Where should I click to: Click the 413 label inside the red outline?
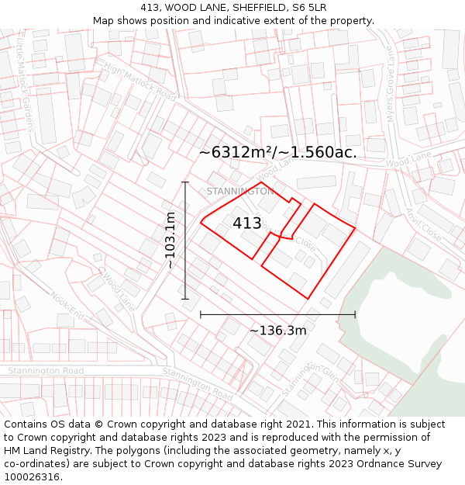[247, 223]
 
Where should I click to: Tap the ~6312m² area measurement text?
[277, 153]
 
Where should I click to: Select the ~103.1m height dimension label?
[170, 241]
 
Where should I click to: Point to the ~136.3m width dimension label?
[277, 331]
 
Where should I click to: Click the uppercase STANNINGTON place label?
[240, 191]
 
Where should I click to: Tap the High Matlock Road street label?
[140, 81]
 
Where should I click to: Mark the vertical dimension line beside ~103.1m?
[185, 241]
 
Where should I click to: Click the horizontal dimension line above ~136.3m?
[277, 314]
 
